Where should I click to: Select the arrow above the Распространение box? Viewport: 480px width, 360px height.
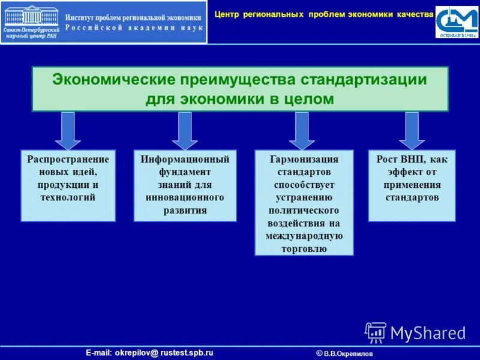(68, 130)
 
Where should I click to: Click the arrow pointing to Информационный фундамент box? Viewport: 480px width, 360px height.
(185, 130)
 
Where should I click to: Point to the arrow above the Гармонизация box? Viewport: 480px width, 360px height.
(302, 130)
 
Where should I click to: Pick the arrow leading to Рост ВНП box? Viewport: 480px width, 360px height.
(412, 130)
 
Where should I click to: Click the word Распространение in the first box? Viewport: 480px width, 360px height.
(68, 160)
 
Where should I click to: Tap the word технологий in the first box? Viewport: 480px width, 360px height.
(68, 197)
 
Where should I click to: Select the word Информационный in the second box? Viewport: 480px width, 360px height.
(185, 160)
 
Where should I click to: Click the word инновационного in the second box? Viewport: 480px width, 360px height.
(185, 197)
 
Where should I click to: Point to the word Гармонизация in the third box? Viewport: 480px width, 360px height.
(304, 160)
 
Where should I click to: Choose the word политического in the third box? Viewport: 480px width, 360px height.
(304, 210)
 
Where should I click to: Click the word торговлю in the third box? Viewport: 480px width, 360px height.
(304, 248)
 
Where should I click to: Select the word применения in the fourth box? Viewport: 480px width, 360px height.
(412, 185)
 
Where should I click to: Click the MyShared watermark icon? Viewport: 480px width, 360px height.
(376, 332)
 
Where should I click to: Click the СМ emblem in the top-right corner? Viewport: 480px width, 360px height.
(457, 22)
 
